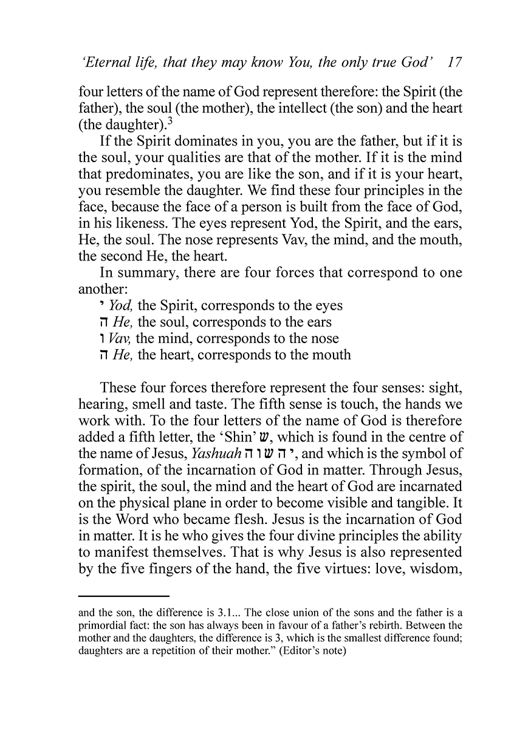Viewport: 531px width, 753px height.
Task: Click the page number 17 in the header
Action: pos(454,63)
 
